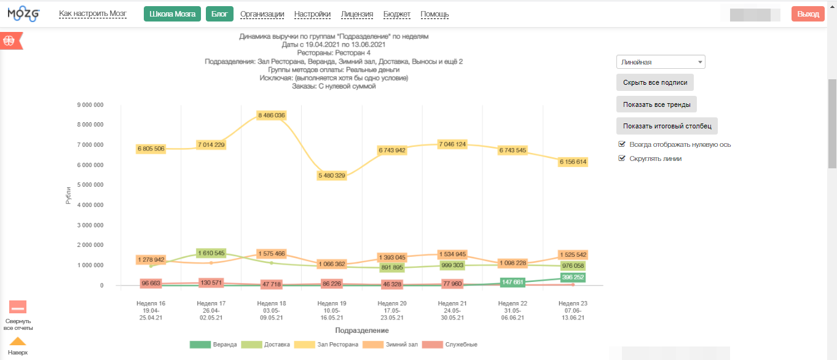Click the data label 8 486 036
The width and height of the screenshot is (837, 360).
tap(272, 115)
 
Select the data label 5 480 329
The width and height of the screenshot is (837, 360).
tap(332, 176)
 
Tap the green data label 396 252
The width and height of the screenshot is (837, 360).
tap(573, 278)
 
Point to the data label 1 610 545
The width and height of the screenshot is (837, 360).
tap(211, 253)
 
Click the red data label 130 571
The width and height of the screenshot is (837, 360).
tap(211, 283)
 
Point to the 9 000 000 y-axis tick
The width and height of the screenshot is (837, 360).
tap(90, 105)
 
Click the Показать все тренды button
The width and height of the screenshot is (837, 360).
tap(656, 104)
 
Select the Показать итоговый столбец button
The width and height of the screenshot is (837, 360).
tap(667, 126)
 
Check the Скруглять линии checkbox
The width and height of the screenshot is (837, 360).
tap(622, 158)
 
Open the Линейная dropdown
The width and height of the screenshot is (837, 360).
tap(661, 62)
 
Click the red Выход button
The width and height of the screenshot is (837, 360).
tap(808, 14)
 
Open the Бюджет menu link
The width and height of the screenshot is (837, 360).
tap(397, 14)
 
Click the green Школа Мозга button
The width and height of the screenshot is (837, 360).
tap(172, 14)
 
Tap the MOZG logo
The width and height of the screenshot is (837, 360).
tap(24, 14)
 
